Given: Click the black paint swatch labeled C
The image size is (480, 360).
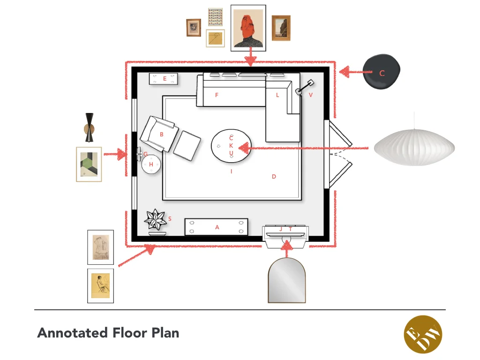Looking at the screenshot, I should tap(382, 73).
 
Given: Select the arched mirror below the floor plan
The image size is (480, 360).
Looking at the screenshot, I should tap(286, 280).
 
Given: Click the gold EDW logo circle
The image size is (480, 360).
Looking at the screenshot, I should tap(423, 334).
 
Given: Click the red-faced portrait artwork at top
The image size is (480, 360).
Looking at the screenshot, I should tap(248, 28).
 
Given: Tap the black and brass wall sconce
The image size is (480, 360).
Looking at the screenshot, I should tap(90, 127).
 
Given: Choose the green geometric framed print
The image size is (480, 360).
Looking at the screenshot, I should tap(89, 164).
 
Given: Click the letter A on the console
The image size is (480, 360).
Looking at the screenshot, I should tap(217, 227).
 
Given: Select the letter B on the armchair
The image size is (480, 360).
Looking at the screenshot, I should tap(162, 135).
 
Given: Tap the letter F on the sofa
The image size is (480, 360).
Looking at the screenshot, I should tap(217, 95).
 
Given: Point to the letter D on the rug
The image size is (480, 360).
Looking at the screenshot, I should tap(274, 177).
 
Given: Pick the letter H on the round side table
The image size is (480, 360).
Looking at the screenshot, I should tap(151, 165).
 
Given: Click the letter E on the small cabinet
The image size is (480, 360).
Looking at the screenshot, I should tap(165, 79).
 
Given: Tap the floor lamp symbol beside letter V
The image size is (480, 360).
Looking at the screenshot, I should tap(303, 88).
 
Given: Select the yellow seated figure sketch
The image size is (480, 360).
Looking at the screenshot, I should tap(100, 285).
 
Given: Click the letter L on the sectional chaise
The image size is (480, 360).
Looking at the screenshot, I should tap(277, 95).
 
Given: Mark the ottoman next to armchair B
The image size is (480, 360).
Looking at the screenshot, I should tap(187, 146).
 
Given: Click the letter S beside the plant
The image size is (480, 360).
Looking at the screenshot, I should tap(170, 219).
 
